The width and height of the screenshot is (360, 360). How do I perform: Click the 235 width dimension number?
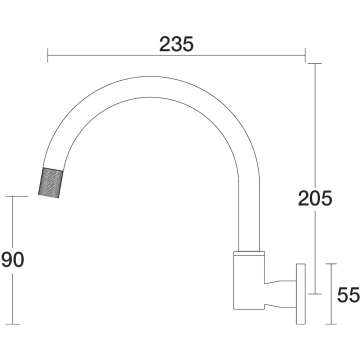pyautogui.click(x=176, y=44)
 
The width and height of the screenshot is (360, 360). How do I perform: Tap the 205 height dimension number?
pyautogui.click(x=315, y=199)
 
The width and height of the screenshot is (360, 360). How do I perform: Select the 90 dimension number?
pyautogui.click(x=13, y=260)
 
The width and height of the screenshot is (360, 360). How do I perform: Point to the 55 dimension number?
pyautogui.click(x=348, y=295)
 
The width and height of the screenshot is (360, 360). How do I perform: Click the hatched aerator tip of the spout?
pyautogui.click(x=51, y=182)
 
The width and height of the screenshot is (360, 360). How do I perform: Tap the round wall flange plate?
pyautogui.click(x=301, y=294)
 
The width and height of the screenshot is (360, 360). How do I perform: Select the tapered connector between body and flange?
pyautogui.click(x=280, y=294)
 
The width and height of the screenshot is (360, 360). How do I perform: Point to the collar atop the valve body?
pyautogui.click(x=249, y=253)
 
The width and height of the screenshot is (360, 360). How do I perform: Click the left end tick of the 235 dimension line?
pyautogui.click(x=48, y=55)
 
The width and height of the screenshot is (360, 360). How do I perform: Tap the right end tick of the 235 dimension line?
pyautogui.click(x=305, y=55)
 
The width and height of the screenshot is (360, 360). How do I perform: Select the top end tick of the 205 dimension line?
pyautogui.click(x=315, y=63)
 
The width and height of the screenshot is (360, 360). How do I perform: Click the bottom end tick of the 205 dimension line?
pyautogui.click(x=315, y=294)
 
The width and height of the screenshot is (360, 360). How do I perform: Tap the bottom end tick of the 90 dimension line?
pyautogui.click(x=13, y=324)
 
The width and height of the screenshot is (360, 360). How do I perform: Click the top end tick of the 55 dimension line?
pyautogui.click(x=331, y=264)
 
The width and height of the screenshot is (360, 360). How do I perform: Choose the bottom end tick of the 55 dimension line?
pyautogui.click(x=331, y=324)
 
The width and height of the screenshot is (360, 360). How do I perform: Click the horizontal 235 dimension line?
pyautogui.click(x=176, y=55)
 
